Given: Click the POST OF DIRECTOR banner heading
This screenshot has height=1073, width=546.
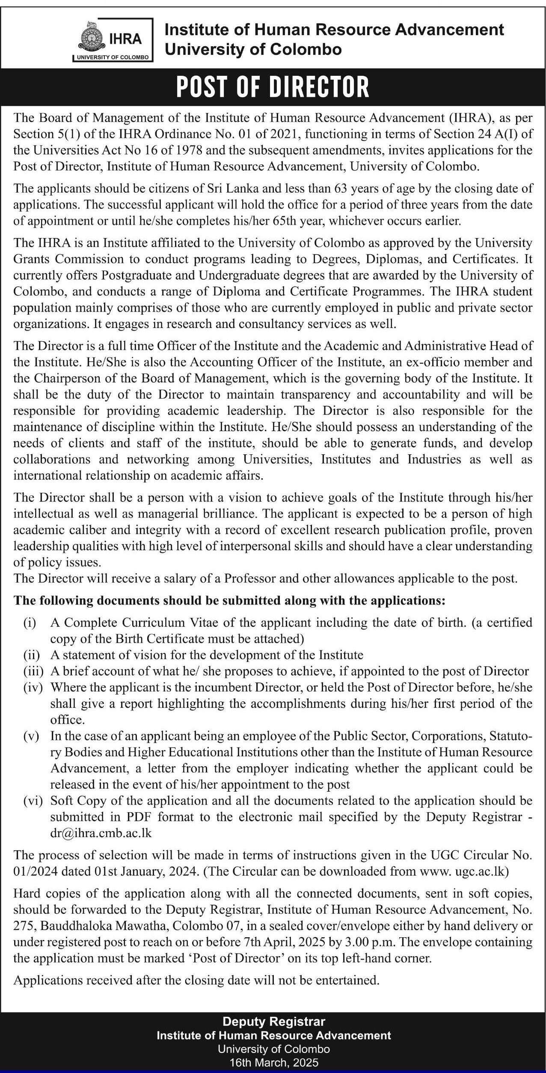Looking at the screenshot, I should click(273, 87).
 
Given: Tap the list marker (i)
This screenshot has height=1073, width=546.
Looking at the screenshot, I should click(30, 623).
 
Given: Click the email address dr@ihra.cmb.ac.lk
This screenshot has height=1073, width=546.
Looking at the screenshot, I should click(101, 833).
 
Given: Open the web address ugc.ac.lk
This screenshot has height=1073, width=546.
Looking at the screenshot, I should click(483, 871).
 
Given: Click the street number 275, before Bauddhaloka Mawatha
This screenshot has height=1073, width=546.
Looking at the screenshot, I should click(25, 926).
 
